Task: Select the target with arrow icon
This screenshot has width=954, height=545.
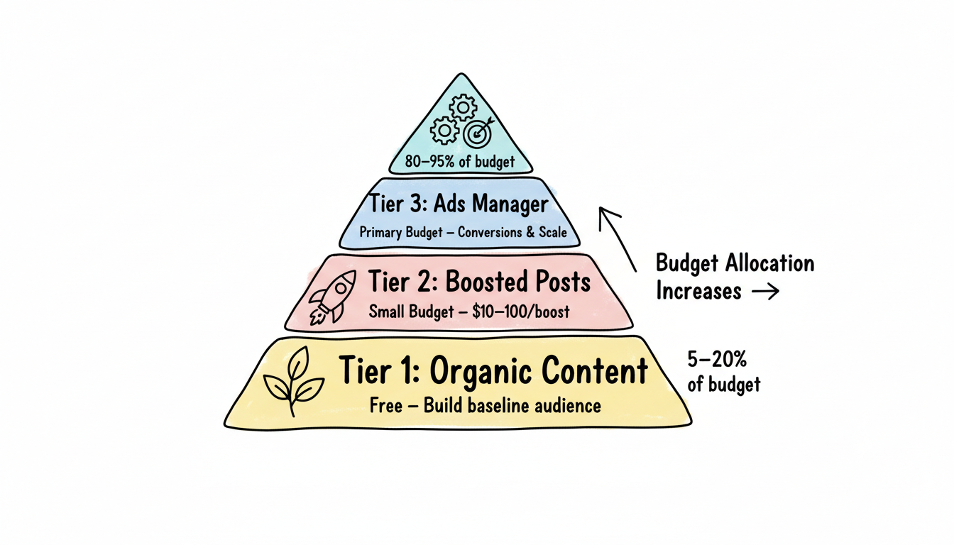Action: click(477, 132)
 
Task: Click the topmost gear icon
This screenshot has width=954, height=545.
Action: click(464, 107)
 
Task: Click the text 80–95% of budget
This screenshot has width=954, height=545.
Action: click(460, 162)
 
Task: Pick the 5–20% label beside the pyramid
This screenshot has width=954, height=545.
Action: click(717, 360)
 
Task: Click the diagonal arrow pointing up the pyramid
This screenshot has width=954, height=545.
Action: click(616, 237)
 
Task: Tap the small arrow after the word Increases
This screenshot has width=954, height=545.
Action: click(764, 292)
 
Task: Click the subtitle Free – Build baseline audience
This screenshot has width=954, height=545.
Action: click(485, 406)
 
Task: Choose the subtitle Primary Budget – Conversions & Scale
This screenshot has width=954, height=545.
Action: click(463, 232)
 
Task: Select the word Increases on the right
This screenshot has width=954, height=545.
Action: click(698, 291)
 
